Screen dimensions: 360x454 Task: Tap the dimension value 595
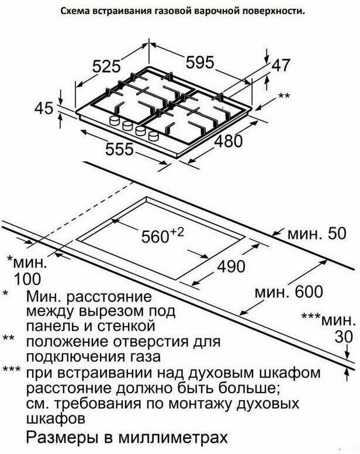coord(200,61)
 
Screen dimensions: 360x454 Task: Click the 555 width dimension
coord(119,150)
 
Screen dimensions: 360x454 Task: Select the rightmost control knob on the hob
coord(154,136)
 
